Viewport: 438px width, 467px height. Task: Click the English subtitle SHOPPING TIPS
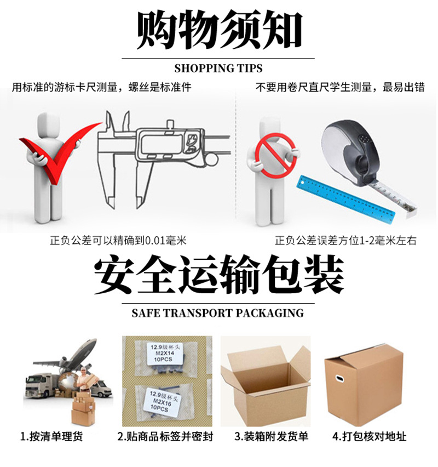coord(218,69)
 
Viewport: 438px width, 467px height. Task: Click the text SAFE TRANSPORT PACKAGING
coord(218,313)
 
